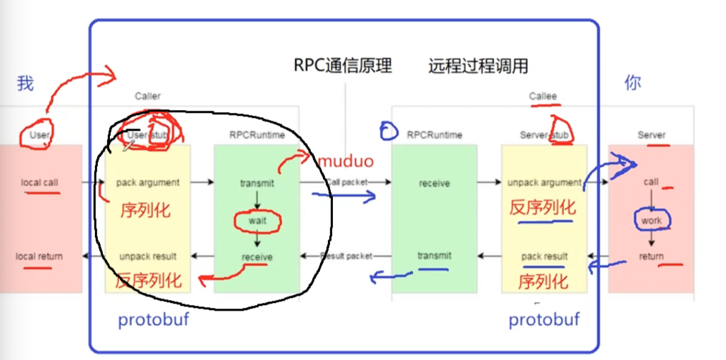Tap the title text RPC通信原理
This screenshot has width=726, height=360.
(343, 66)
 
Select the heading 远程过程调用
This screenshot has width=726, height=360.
(478, 66)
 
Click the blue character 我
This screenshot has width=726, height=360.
(25, 84)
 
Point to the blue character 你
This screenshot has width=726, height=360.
(632, 83)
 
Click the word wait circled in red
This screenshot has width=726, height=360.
(257, 221)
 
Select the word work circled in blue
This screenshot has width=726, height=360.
(651, 221)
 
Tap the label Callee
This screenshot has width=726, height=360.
(543, 96)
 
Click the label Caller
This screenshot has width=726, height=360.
(148, 96)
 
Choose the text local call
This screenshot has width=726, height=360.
(40, 182)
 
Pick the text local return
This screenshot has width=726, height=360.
(39, 256)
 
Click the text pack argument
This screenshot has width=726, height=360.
(148, 182)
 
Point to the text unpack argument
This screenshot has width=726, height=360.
(544, 182)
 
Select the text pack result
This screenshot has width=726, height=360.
(544, 256)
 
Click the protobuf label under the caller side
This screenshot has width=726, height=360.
(154, 320)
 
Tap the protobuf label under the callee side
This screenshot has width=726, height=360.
(544, 320)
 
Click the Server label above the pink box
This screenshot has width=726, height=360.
(651, 135)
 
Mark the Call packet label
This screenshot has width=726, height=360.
(347, 182)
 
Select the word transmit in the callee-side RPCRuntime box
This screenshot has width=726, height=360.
(434, 256)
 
